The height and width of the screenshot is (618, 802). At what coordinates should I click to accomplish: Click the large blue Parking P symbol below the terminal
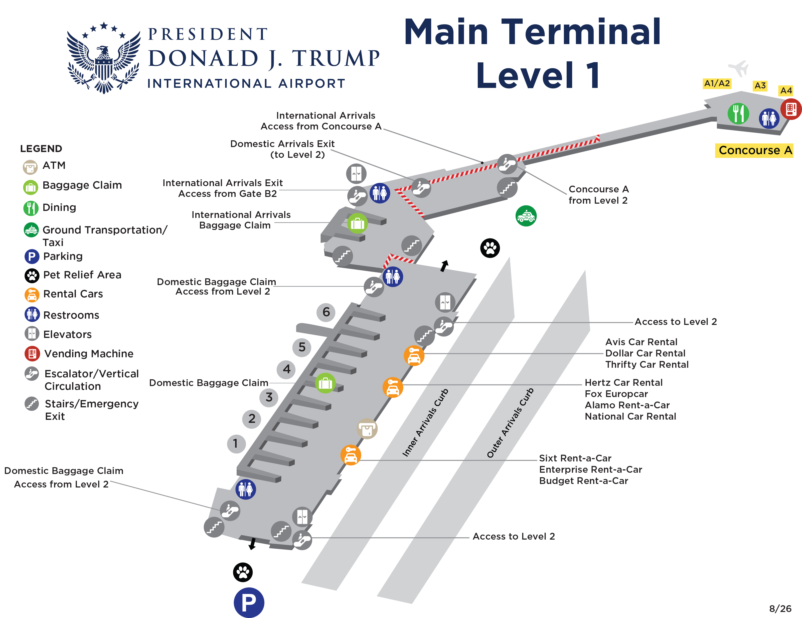pos(249,602)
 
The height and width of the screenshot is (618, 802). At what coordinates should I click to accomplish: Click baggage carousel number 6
pos(326,312)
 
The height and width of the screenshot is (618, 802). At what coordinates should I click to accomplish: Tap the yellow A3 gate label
pos(760,86)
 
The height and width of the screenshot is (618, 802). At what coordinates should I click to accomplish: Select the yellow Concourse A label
pos(754,150)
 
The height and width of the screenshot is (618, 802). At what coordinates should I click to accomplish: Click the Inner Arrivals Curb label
pos(425,423)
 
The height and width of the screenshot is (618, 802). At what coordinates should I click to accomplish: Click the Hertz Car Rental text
pos(623,383)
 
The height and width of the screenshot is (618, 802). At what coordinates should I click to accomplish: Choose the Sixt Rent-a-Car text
pos(575,458)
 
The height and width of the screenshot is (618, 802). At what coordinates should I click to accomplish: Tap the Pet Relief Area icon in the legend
pos(32,275)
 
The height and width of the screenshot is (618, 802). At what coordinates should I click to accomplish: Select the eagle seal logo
pos(104,58)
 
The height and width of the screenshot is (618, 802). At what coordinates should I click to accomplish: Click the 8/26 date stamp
pos(780,608)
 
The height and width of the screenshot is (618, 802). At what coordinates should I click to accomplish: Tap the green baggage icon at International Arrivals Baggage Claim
pos(357,223)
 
